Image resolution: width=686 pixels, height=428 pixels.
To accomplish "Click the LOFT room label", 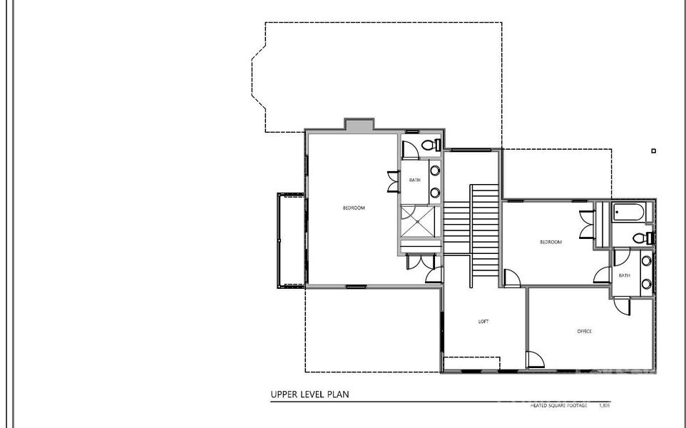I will click(483, 322).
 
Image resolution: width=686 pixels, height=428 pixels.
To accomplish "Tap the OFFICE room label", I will click(584, 331).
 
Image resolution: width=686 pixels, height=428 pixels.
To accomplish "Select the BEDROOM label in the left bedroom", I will click(354, 208).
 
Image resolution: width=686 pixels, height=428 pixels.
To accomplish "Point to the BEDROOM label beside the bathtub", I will click(551, 243).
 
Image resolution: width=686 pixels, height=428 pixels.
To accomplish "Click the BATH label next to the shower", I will click(414, 180).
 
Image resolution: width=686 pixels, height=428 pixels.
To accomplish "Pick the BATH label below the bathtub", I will click(624, 275).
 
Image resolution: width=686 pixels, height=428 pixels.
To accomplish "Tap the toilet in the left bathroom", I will click(430, 146).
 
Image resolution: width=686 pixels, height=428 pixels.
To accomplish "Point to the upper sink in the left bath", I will click(434, 171).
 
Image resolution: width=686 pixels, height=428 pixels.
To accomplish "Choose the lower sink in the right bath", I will click(646, 283).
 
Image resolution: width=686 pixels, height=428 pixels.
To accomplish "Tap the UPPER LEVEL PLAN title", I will click(309, 394).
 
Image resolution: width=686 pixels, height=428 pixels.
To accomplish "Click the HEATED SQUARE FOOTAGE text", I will click(559, 405).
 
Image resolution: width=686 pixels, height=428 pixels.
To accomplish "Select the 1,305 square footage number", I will click(605, 405).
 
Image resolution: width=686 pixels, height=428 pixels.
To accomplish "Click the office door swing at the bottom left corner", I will click(533, 361).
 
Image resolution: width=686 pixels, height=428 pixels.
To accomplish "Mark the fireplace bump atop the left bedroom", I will click(359, 124).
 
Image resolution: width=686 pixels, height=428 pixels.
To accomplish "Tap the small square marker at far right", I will click(653, 151).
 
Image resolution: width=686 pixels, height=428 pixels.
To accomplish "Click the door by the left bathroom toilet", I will click(409, 150).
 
